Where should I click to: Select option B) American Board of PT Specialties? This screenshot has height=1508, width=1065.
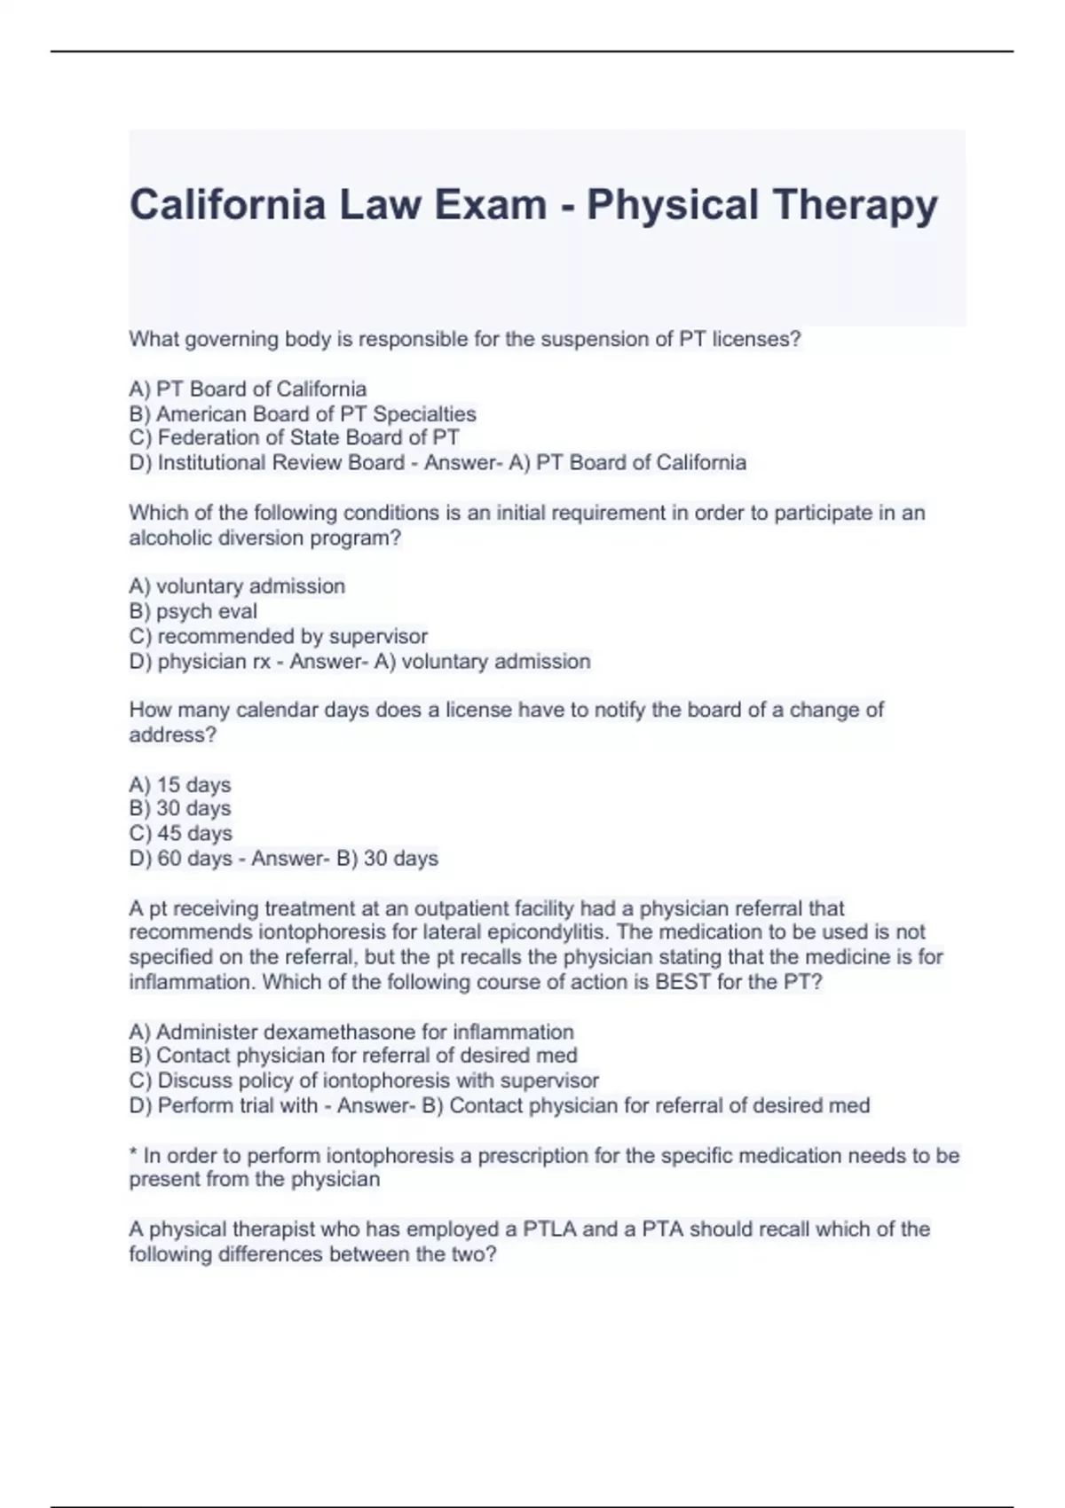[303, 414]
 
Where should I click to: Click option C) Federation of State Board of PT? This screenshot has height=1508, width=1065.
[294, 438]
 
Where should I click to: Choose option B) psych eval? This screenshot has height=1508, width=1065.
[193, 612]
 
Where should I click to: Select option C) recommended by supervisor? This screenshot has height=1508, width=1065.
[278, 637]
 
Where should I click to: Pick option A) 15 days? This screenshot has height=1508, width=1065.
[180, 785]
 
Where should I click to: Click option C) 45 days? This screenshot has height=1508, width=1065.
[181, 834]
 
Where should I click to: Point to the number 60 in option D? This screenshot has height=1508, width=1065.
[169, 859]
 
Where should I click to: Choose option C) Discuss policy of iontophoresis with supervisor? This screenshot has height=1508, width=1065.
[364, 1081]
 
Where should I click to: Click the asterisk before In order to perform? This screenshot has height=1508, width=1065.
[133, 1154]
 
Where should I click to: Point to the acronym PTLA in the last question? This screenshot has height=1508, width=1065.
[549, 1229]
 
